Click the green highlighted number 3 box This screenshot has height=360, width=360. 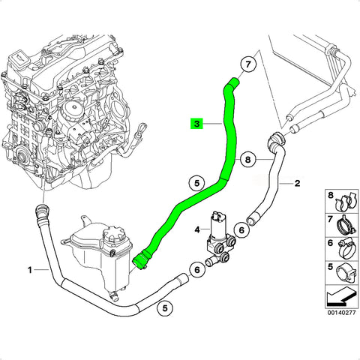tap(197, 124)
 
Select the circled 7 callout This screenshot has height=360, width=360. tap(247, 64)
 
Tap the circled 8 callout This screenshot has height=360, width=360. tap(247, 160)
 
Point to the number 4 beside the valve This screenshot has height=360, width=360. tap(197, 229)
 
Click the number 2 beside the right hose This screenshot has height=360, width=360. tap(297, 184)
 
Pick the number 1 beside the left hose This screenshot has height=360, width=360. tap(30, 270)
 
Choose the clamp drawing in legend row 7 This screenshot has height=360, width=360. tap(346, 224)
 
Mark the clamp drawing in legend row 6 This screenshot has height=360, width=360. tap(346, 248)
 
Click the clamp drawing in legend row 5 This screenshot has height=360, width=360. tap(346, 272)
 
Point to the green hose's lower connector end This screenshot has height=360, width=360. tap(139, 262)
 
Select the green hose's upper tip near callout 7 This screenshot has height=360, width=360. tap(235, 82)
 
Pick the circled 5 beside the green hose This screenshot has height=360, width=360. tap(197, 183)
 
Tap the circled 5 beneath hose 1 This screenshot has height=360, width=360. tap(165, 307)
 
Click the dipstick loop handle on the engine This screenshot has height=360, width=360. tap(142, 129)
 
